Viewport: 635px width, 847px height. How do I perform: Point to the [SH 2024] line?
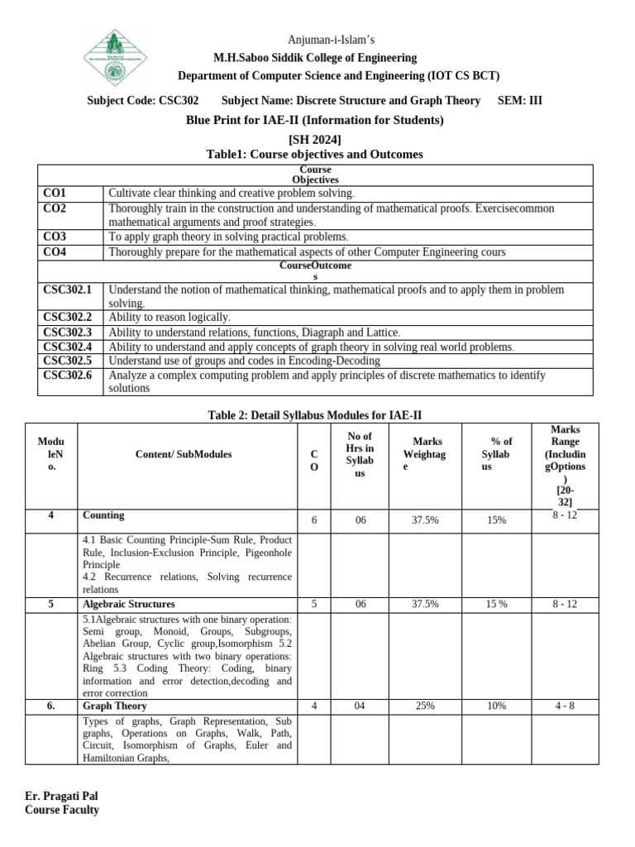point(314,139)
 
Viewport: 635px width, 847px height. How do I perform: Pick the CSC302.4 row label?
point(67,347)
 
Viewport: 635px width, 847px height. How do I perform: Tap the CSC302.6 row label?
point(67,375)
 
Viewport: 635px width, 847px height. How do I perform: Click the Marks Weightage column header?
point(423,454)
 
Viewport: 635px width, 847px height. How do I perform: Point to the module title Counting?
point(103,515)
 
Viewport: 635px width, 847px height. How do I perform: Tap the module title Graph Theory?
point(115,706)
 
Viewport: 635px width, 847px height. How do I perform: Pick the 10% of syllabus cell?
point(497,706)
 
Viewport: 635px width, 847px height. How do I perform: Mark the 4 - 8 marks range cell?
point(565,706)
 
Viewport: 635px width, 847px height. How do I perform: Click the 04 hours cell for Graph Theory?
point(360,706)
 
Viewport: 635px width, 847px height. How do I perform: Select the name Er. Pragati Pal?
point(62,797)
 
